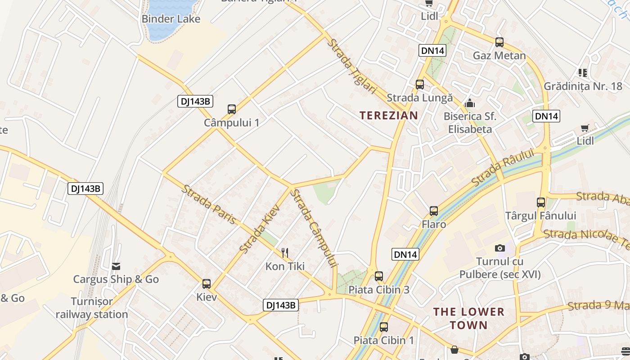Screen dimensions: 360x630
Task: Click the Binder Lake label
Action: (x=171, y=19)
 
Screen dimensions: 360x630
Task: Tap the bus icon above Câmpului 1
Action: (x=232, y=109)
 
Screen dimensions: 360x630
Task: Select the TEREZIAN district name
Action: (x=389, y=115)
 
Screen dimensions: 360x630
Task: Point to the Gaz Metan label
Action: (x=499, y=56)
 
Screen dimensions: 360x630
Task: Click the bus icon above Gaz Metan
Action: (x=499, y=42)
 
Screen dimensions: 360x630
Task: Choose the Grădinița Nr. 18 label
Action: (x=583, y=86)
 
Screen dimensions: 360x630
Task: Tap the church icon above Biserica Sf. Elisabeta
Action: (x=470, y=103)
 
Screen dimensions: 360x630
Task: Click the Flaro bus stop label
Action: (x=434, y=224)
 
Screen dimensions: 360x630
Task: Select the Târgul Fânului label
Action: (x=540, y=216)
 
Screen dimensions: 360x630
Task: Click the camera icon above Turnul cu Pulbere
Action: (x=499, y=248)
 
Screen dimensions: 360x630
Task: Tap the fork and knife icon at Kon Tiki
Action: (x=284, y=252)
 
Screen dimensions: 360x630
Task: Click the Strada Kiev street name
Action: (x=260, y=228)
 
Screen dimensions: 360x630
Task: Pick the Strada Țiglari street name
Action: (x=352, y=66)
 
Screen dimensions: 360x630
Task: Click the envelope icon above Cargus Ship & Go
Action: (x=116, y=266)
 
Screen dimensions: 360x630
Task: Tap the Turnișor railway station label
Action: (x=92, y=308)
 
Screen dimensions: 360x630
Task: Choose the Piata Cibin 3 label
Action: (x=379, y=289)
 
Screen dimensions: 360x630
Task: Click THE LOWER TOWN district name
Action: (x=468, y=318)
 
